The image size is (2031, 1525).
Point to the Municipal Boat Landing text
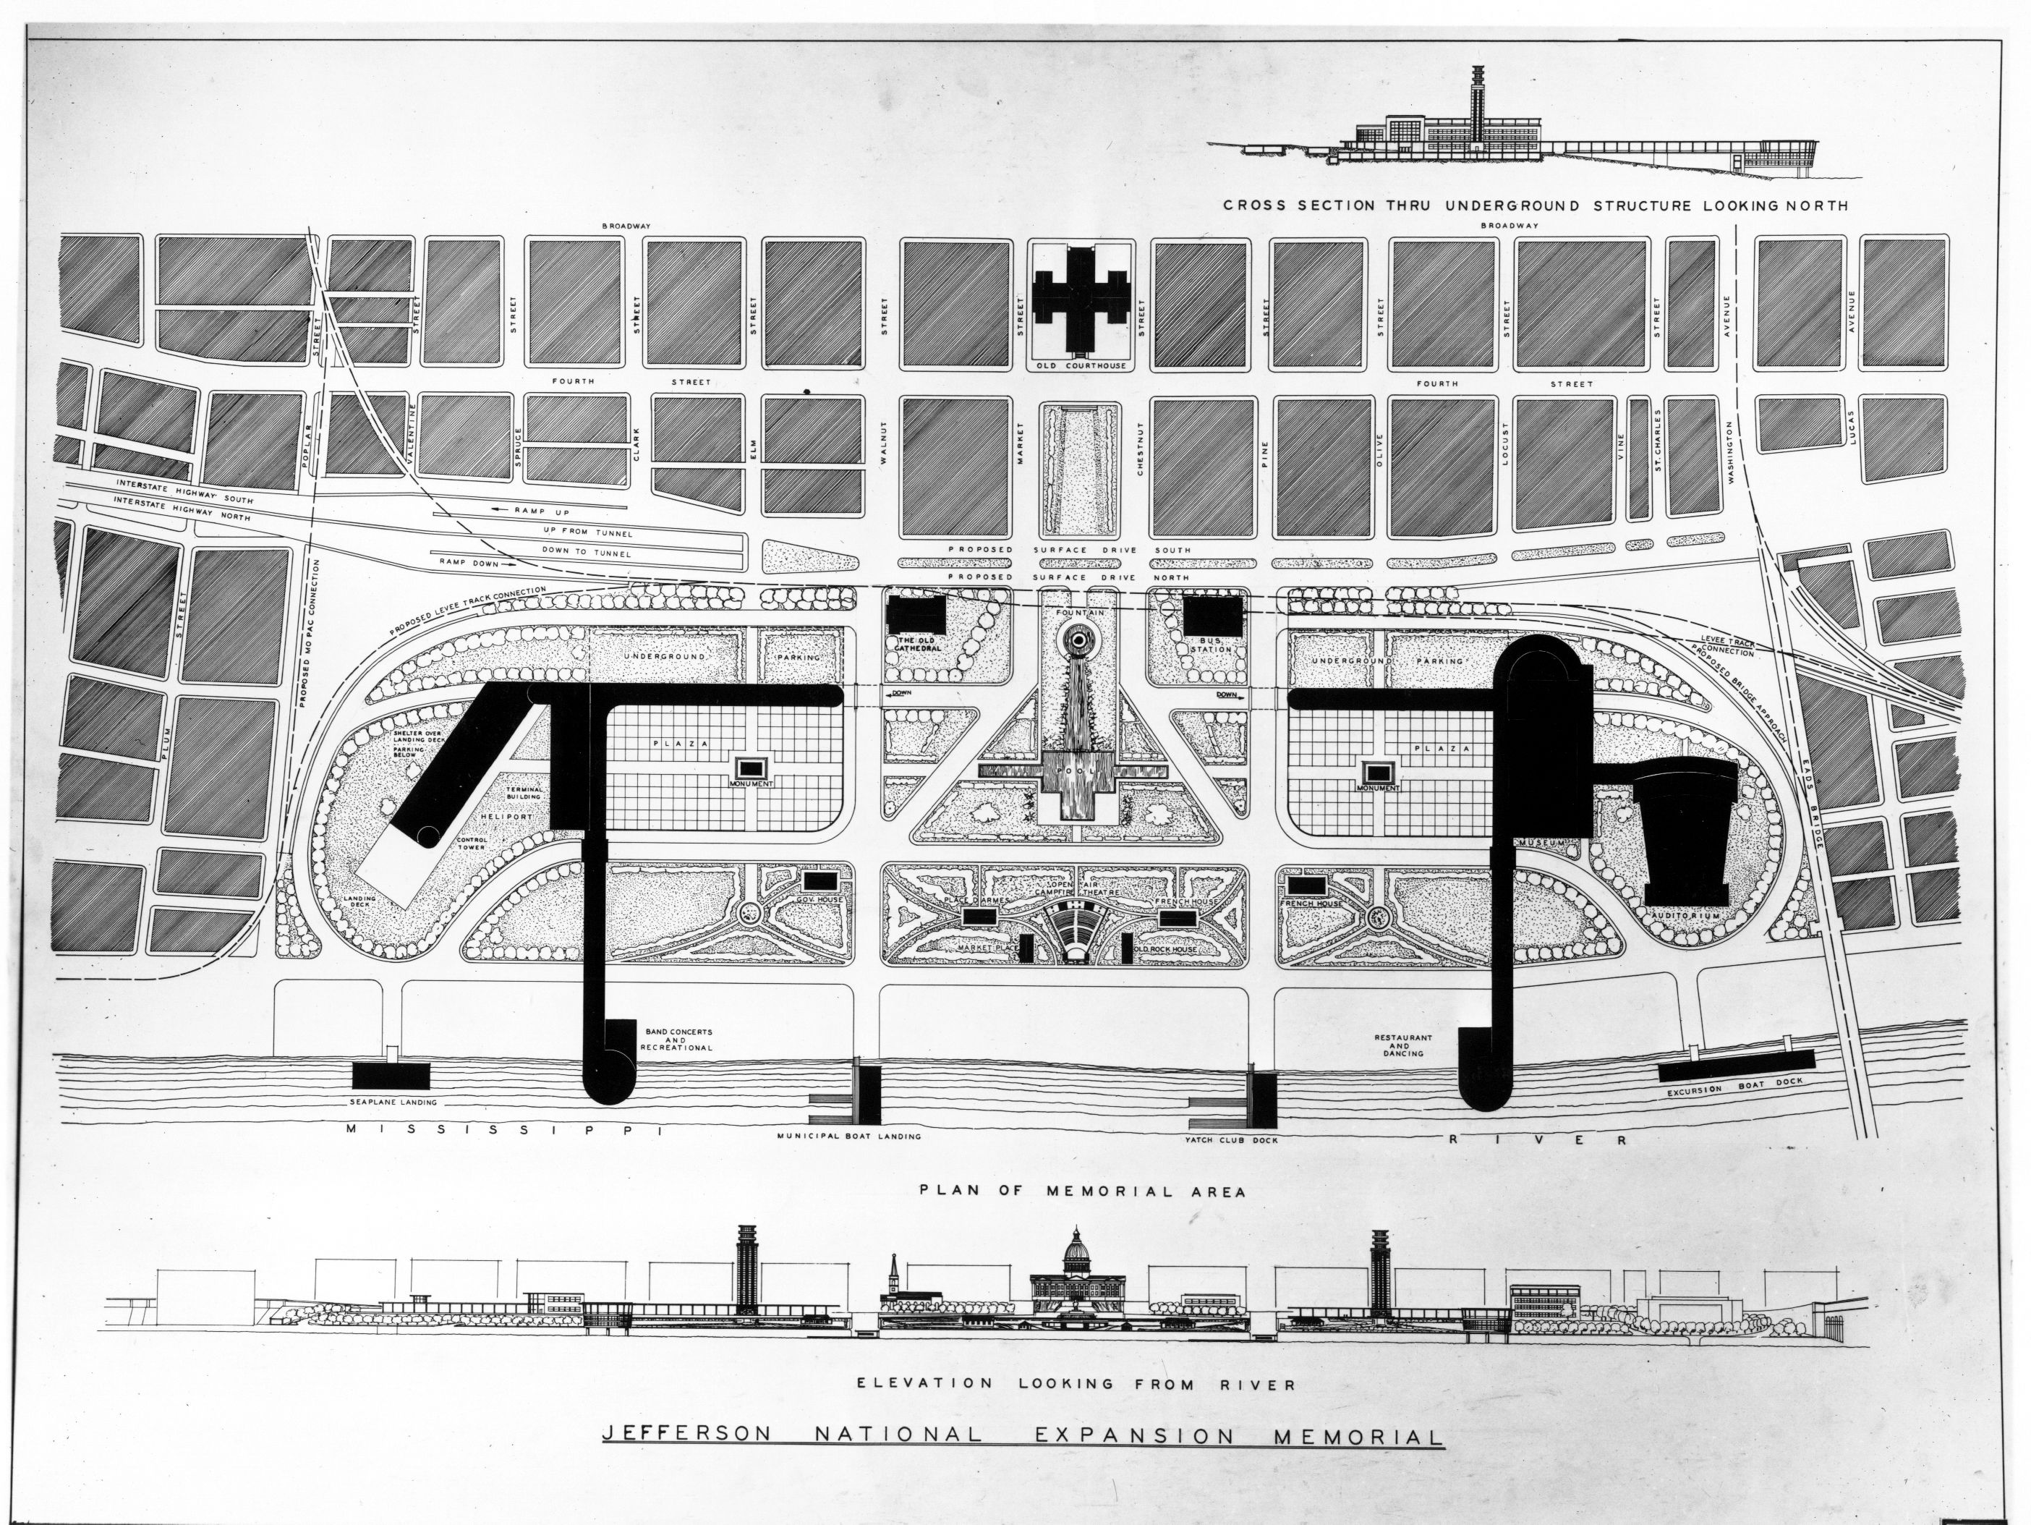click(848, 1136)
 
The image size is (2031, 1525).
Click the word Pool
click(1079, 771)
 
